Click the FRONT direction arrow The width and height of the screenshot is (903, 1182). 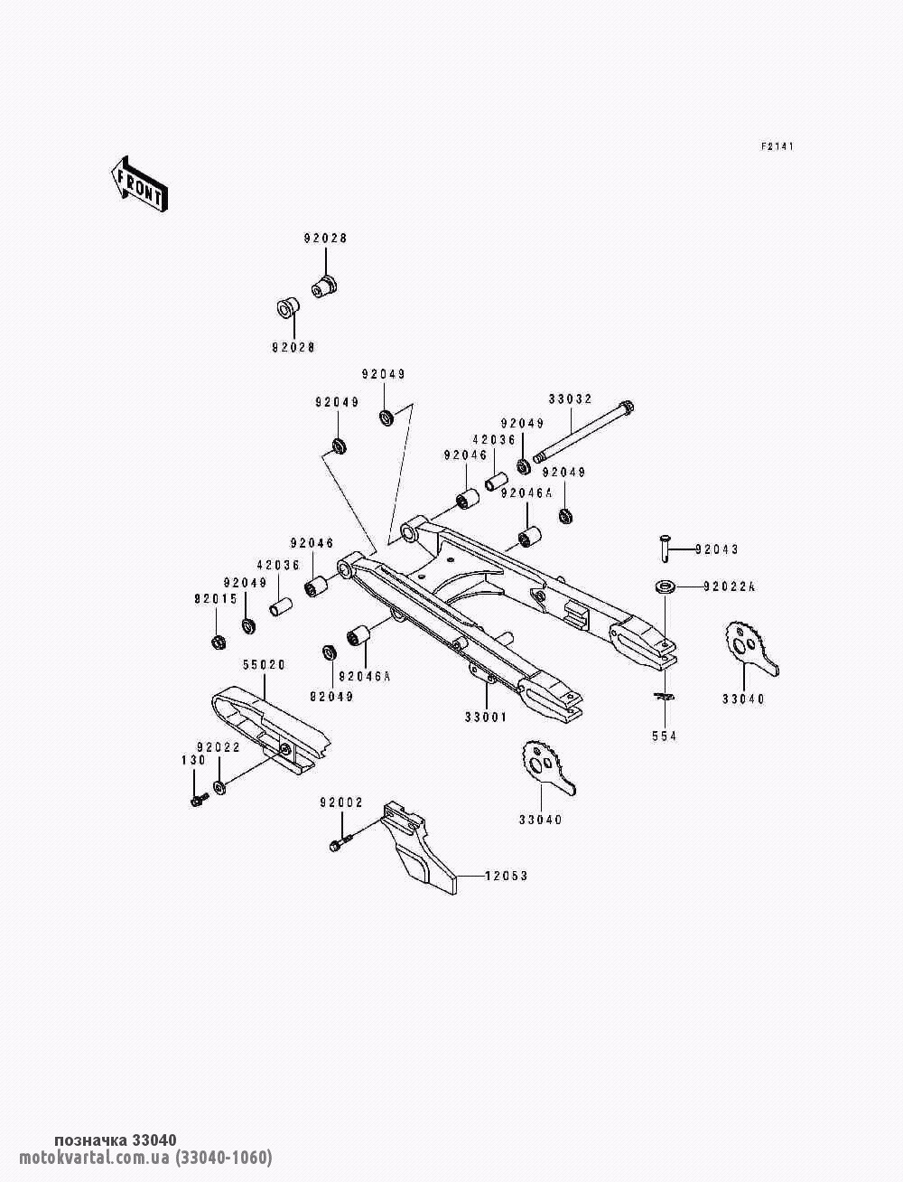click(139, 184)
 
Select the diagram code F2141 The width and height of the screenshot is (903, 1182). click(777, 146)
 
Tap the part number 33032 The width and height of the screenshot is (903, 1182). click(570, 399)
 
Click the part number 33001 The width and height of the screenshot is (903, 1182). click(486, 718)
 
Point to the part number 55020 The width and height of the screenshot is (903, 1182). click(264, 665)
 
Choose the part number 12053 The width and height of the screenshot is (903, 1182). click(506, 877)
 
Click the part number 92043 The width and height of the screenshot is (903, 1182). click(716, 549)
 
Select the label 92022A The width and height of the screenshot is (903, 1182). click(730, 587)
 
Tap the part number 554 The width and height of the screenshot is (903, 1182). click(664, 736)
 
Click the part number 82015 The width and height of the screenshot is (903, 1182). click(216, 599)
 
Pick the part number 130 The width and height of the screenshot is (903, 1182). click(194, 760)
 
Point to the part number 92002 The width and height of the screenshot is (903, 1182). click(341, 802)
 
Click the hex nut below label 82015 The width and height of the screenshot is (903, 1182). click(218, 642)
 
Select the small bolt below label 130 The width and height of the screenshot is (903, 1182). click(200, 800)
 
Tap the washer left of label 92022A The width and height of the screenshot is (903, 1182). click(666, 586)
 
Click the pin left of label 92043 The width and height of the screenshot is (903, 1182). click(666, 549)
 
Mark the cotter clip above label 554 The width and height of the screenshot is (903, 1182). click(664, 698)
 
